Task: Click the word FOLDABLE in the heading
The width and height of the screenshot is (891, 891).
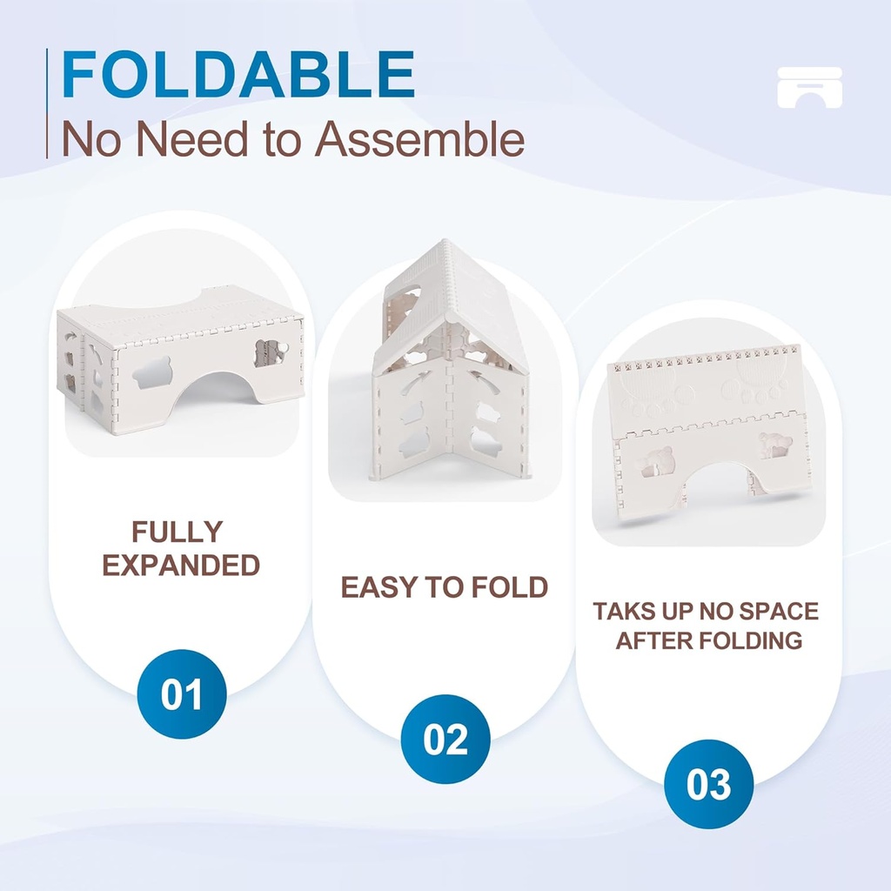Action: tap(238, 75)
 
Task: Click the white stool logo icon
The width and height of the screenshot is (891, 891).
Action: tap(809, 87)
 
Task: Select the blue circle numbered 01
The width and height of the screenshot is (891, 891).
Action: tap(182, 694)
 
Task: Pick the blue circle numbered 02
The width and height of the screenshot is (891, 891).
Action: tap(445, 739)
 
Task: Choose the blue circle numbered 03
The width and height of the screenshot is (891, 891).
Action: tap(708, 784)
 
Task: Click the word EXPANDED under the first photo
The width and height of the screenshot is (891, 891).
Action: tap(181, 565)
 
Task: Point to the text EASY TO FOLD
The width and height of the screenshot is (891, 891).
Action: tap(445, 587)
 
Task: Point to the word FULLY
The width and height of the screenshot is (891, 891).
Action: tap(178, 532)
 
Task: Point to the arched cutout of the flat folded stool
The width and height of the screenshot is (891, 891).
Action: tap(713, 487)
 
